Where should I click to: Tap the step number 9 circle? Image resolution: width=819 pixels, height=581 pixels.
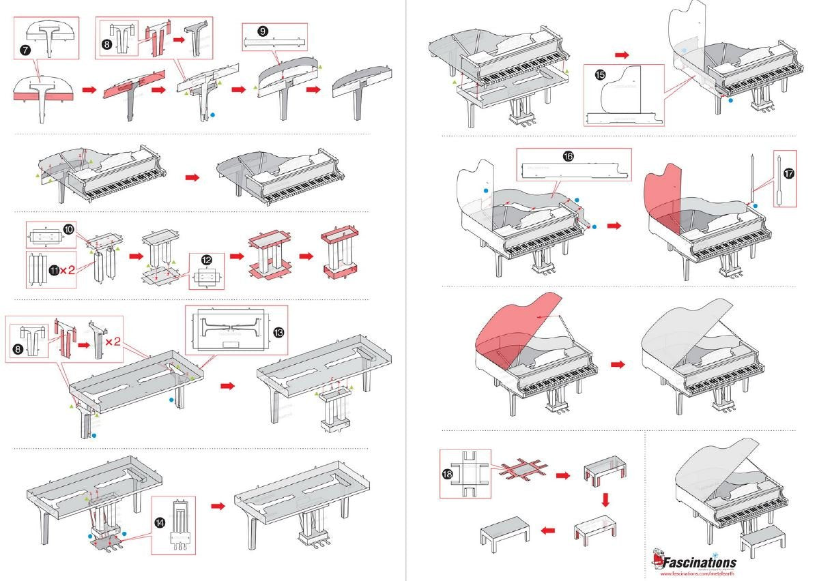[x=263, y=31]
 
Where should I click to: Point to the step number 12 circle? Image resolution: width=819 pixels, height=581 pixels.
[x=205, y=260]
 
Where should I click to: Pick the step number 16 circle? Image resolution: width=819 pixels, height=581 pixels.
[x=568, y=156]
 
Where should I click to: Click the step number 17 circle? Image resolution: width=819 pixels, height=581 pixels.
[x=789, y=174]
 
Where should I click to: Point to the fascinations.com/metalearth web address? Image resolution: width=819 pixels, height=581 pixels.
[x=699, y=574]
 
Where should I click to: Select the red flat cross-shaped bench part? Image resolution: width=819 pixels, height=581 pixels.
[x=522, y=471]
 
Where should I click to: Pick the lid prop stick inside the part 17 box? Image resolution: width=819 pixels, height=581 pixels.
[x=778, y=179]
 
